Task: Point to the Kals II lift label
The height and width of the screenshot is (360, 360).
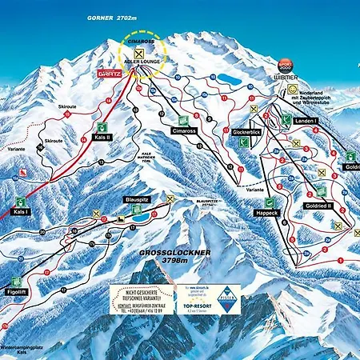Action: (102, 138)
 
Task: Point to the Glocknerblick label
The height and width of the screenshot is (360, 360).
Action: (248, 131)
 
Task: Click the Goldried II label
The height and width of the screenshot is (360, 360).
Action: (319, 205)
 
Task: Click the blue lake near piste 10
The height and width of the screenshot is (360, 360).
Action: (229, 79)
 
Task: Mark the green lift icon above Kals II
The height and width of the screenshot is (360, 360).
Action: (102, 126)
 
